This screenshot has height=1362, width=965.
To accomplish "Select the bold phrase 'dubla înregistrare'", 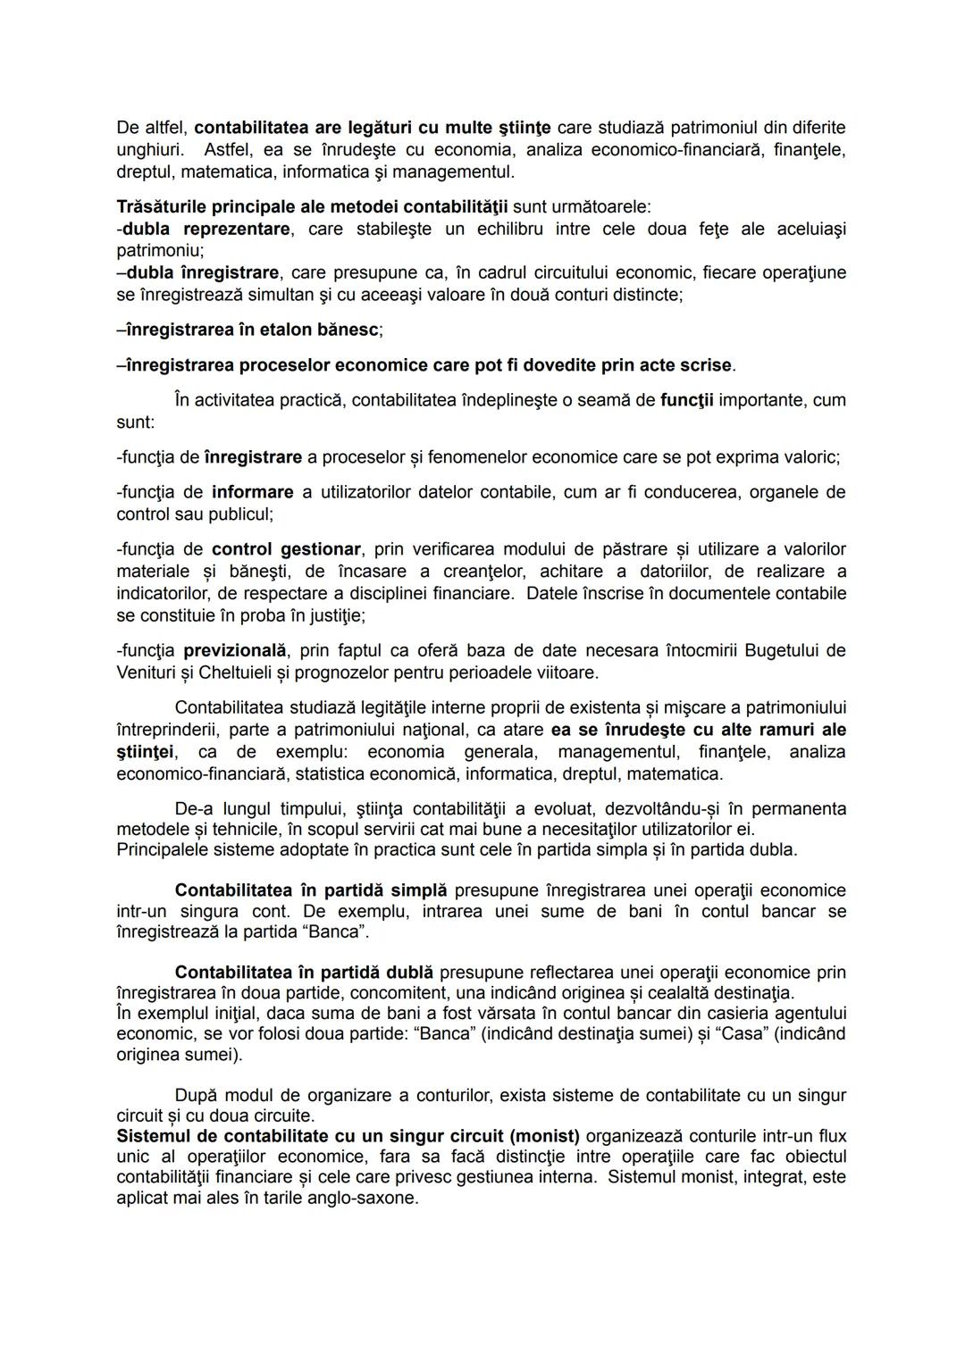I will [202, 272].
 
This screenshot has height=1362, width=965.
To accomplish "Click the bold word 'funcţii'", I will [686, 400].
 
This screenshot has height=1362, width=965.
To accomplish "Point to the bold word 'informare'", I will [252, 492].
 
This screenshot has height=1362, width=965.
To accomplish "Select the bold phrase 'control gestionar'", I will [286, 549].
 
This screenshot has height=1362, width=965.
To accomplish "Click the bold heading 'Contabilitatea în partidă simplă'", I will [311, 890].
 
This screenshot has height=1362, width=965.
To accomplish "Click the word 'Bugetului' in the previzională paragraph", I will [779, 650].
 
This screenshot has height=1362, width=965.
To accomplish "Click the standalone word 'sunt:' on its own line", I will [135, 422].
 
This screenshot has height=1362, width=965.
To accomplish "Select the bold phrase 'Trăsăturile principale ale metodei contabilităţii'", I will [312, 207].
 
